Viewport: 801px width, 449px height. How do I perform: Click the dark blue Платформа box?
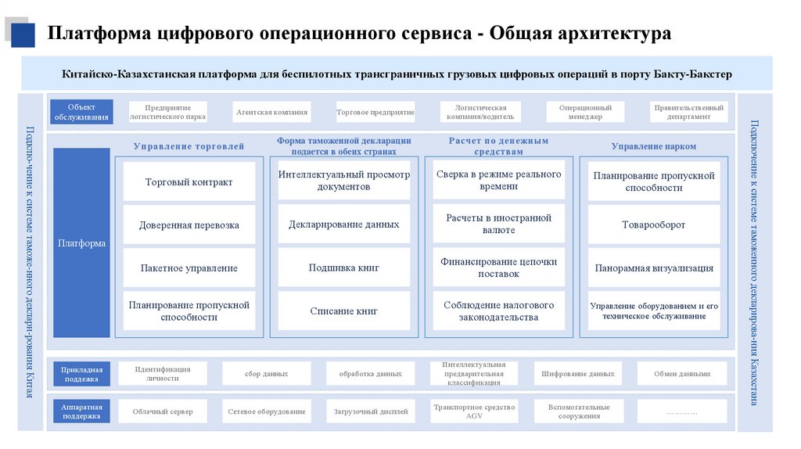tap(81, 243)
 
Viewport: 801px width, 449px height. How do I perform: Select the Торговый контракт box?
tap(189, 182)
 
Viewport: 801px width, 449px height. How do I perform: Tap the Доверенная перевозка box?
tap(189, 225)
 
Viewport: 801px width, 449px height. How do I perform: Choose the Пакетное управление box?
tap(189, 268)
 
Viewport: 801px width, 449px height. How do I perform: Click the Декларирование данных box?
tap(343, 224)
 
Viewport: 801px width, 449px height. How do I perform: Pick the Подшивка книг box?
tap(343, 268)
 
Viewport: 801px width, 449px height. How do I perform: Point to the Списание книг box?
tap(343, 311)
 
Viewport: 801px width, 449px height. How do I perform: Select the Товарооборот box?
tap(653, 225)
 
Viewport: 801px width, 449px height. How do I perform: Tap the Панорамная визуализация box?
tap(653, 268)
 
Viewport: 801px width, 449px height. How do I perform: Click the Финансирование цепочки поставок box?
tap(498, 268)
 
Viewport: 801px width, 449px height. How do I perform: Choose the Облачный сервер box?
tap(163, 411)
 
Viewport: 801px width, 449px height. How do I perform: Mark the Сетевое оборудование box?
tap(267, 411)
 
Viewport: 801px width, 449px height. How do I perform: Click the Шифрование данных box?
tap(577, 374)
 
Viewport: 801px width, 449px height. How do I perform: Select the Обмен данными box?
tap(681, 374)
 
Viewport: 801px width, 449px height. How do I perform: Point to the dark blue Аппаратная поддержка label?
tap(81, 411)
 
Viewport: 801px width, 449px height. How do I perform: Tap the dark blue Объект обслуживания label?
tap(81, 112)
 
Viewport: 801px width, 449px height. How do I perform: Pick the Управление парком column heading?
tap(653, 146)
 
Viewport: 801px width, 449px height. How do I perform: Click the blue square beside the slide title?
tap(22, 34)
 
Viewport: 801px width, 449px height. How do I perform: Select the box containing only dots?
tap(681, 411)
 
